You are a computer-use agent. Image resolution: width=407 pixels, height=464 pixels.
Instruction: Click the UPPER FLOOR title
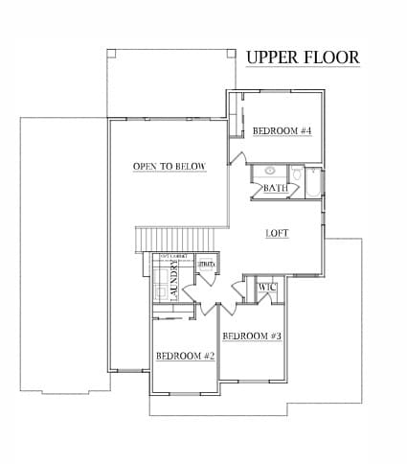point(303,58)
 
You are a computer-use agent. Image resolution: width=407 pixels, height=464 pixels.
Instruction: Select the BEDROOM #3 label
point(252,336)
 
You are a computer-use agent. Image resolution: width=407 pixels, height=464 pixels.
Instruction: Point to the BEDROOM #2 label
point(185,356)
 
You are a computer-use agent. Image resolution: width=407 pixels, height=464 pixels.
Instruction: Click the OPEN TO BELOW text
point(170,167)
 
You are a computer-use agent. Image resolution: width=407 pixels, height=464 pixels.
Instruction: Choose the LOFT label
point(278,233)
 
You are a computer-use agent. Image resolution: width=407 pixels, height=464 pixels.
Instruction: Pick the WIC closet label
point(267,287)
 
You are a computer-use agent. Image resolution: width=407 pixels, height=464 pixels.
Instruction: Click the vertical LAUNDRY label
point(174,284)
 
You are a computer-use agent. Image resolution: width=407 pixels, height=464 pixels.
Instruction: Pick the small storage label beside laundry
point(206,262)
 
